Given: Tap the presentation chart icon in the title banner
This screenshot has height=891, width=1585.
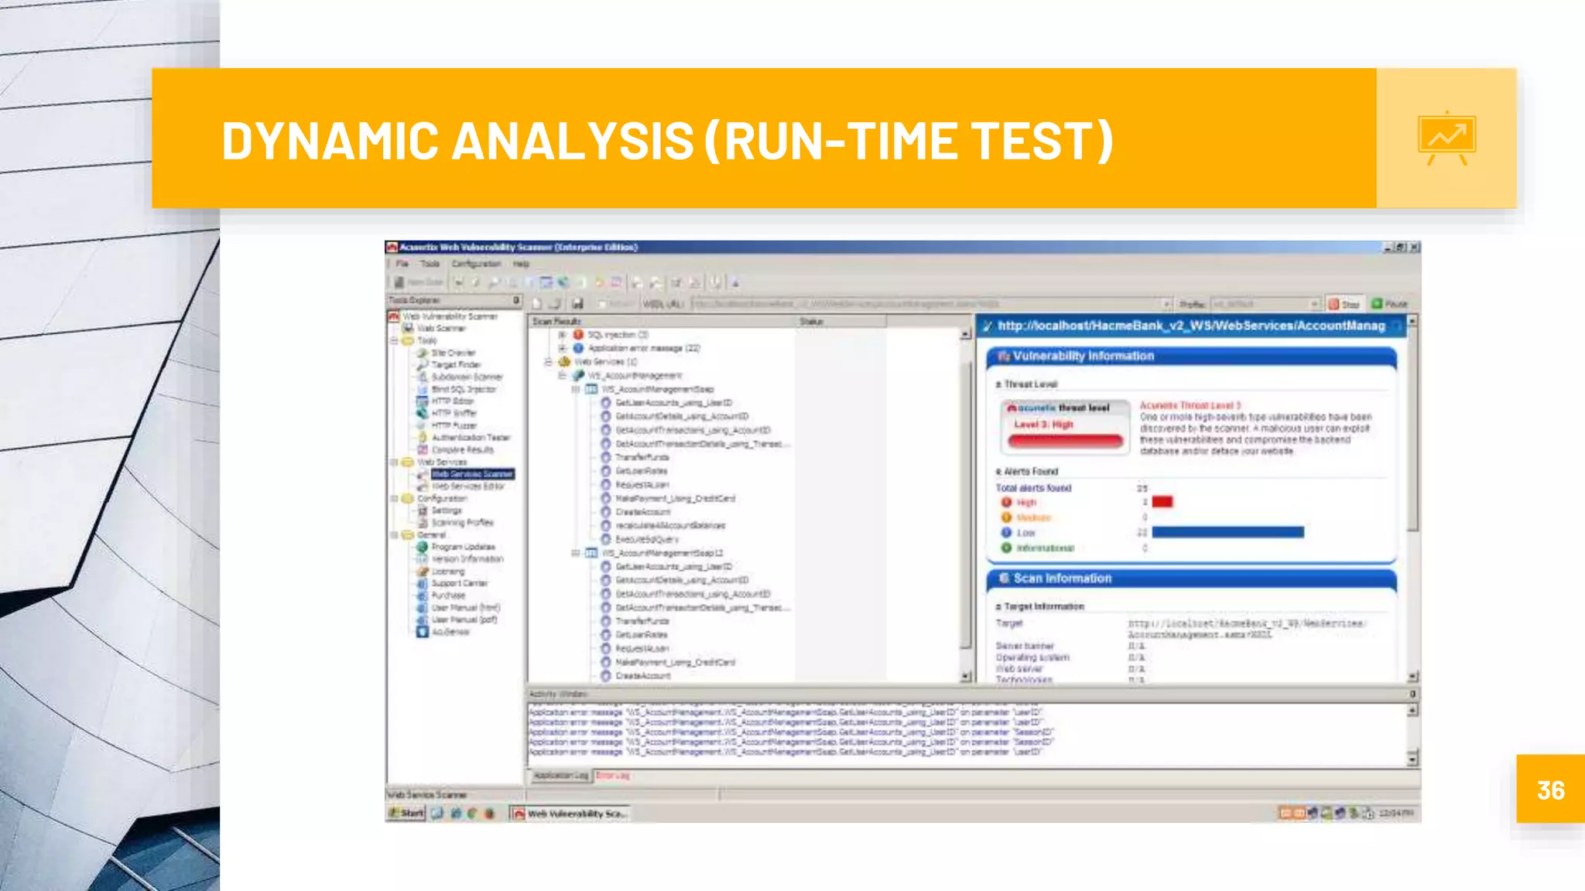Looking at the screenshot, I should coord(1446,138).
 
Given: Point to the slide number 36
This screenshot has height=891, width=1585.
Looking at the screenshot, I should coord(1550,790).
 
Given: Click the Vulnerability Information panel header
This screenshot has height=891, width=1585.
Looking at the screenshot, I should coord(1083,356).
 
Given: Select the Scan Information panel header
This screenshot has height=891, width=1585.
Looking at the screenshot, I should coord(1062,579).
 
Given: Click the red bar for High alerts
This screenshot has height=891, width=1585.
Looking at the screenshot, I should coord(1162,502).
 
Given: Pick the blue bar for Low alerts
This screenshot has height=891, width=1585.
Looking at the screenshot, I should coord(1227,532).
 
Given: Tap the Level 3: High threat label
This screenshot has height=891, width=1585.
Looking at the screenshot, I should coord(1043,425).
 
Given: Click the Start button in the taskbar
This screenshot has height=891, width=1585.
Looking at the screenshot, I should coord(407,813).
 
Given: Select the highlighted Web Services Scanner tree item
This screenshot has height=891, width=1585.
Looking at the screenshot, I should coord(472,474).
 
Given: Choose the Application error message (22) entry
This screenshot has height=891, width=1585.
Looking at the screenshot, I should coord(643,348).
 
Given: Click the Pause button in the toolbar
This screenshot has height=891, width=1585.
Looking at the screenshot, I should coord(1390,304).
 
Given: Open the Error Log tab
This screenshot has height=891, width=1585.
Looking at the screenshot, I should coord(613,775).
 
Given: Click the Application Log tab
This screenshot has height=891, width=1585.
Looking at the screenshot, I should coord(560,775).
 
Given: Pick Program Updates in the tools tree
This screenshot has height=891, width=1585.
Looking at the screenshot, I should coord(463,547).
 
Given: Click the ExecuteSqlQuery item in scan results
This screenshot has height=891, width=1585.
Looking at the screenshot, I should coord(646,539).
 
